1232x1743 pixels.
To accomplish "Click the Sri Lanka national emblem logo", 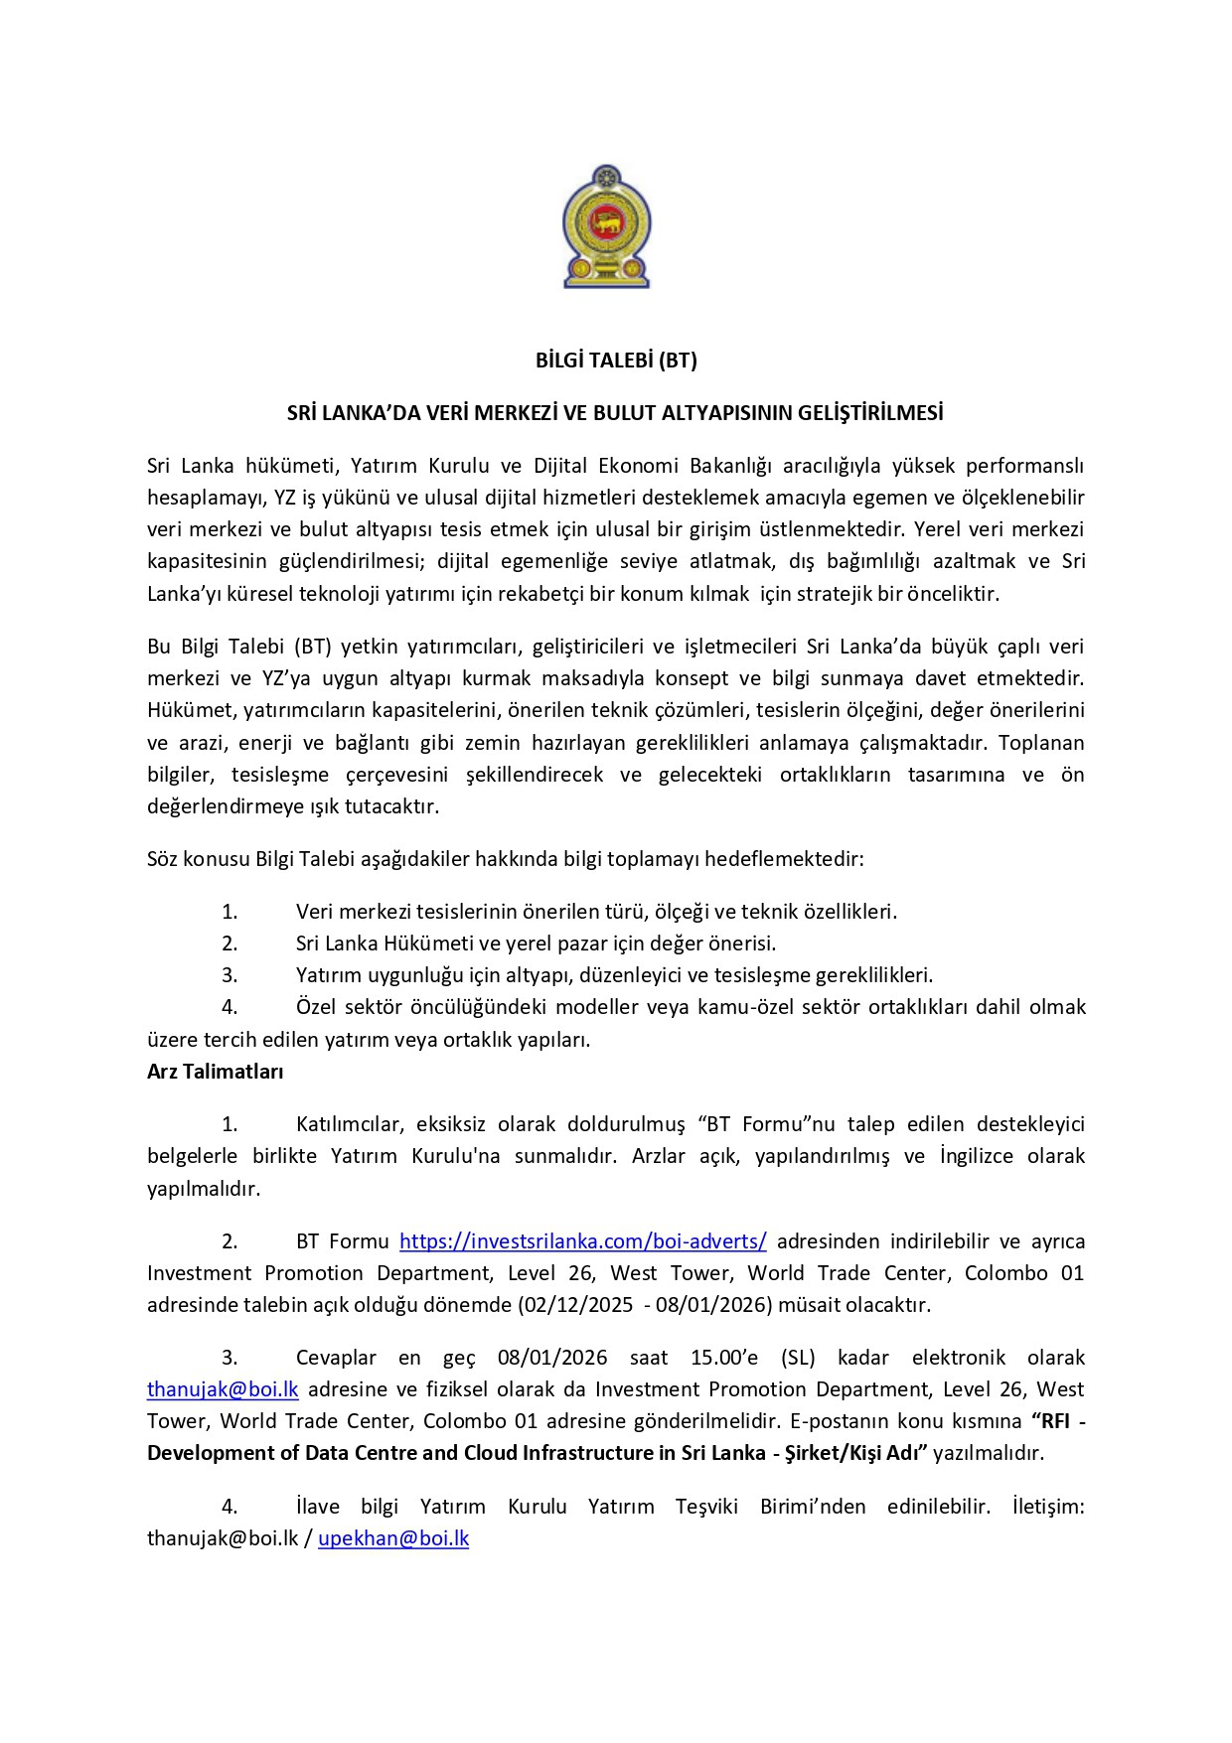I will pyautogui.click(x=606, y=227).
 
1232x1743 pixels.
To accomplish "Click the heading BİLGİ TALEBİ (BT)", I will pyautogui.click(x=616, y=361).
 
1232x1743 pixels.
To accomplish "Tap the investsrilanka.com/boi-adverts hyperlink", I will pyautogui.click(x=582, y=1241).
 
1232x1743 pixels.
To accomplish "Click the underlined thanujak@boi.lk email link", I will pyautogui.click(x=223, y=1389).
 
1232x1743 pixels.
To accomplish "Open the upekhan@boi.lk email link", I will pyautogui.click(x=393, y=1538).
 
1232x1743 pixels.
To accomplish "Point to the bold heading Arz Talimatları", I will pyautogui.click(x=216, y=1072).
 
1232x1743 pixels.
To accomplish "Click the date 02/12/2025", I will pyautogui.click(x=575, y=1305).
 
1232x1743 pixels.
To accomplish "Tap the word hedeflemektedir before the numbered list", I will pyautogui.click(x=787, y=859).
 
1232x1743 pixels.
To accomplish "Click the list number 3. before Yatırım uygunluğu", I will pyautogui.click(x=230, y=975).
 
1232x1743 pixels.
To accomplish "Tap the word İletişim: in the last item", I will pyautogui.click(x=1048, y=1507).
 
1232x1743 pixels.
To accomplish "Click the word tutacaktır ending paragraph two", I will pyautogui.click(x=391, y=806).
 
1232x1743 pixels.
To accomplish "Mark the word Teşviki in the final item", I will pyautogui.click(x=706, y=1507).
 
